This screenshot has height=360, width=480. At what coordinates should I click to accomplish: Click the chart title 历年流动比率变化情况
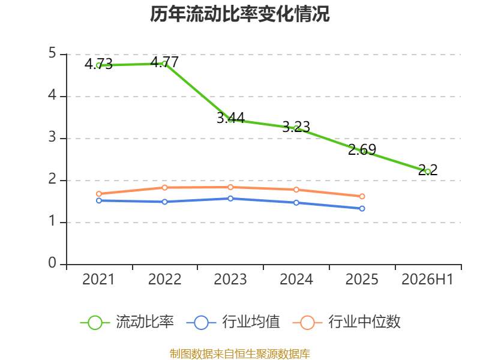coord(239,14)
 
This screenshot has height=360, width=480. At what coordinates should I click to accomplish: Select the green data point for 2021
coord(99,65)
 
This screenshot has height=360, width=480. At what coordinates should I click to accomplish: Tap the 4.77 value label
coord(164,62)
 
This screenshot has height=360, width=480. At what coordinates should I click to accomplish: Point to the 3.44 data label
coord(230,118)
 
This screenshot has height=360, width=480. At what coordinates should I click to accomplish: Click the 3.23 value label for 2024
coord(296,127)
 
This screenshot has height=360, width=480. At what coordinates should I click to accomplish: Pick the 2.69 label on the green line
coord(362,149)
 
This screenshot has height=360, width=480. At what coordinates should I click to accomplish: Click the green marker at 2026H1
coord(428,172)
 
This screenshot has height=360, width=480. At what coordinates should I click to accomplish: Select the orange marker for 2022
coord(164,187)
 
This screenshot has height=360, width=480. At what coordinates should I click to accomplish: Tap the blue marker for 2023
coord(230,199)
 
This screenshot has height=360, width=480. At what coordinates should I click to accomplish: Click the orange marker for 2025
coord(362,196)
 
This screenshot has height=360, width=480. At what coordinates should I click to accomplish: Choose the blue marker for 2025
coord(362,208)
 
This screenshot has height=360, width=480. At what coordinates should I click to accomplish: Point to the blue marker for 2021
coord(99,200)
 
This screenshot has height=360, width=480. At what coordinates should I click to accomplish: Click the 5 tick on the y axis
coord(52,53)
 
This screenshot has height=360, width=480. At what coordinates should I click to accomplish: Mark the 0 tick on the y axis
coord(52,263)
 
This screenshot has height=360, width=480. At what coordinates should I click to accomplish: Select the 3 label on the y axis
coord(52,137)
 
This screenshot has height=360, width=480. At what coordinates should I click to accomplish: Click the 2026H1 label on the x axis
coord(427,280)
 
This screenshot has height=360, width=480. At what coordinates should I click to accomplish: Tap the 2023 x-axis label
coord(230,280)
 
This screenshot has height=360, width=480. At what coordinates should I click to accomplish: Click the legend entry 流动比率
coord(127,322)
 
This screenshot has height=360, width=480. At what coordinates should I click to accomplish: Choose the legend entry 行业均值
coord(233,322)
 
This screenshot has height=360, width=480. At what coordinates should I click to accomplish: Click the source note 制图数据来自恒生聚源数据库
coord(239,354)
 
